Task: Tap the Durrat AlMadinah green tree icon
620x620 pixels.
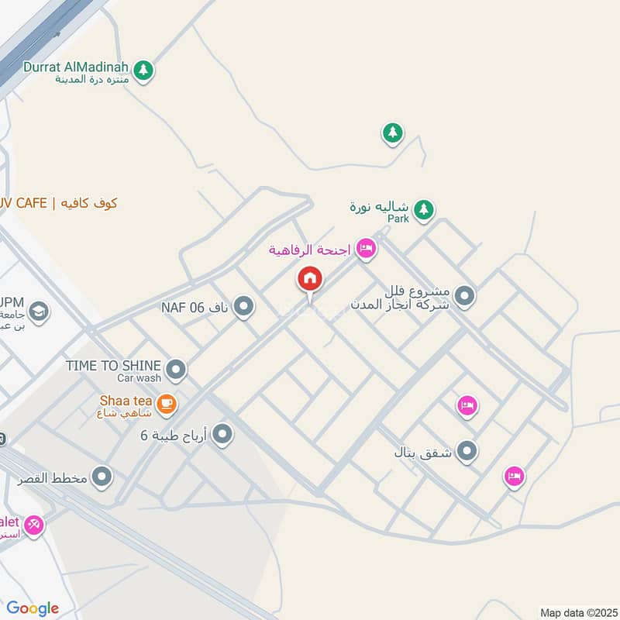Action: (x=143, y=71)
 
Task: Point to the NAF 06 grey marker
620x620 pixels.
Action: (x=243, y=307)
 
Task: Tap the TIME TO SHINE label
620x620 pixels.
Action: (x=113, y=365)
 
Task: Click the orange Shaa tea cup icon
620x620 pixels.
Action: (x=165, y=403)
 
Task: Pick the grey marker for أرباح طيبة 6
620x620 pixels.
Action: (x=222, y=435)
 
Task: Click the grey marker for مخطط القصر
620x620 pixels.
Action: (x=102, y=477)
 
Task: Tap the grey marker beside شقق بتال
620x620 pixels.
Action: (x=467, y=450)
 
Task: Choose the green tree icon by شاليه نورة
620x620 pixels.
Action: (x=422, y=209)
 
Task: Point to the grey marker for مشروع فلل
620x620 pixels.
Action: (x=464, y=295)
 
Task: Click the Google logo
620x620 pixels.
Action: (x=33, y=608)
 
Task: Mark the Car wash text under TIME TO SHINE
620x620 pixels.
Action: (x=139, y=378)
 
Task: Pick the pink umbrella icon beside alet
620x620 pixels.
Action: (x=33, y=525)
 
